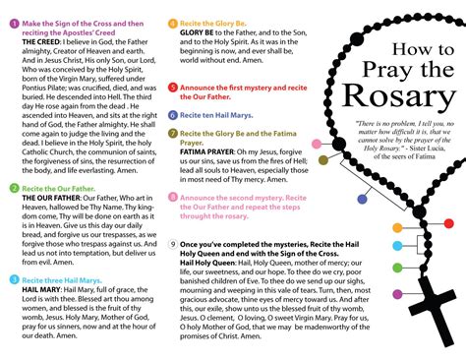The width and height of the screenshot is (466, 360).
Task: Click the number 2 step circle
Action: [x=13, y=187]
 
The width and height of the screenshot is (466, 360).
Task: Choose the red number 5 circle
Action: [x=173, y=88]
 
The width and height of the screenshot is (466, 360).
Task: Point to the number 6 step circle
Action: [x=173, y=115]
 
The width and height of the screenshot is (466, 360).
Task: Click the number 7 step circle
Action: [x=173, y=132]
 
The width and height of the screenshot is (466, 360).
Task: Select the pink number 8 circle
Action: [x=173, y=197]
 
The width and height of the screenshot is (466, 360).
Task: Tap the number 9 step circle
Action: [x=173, y=242]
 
